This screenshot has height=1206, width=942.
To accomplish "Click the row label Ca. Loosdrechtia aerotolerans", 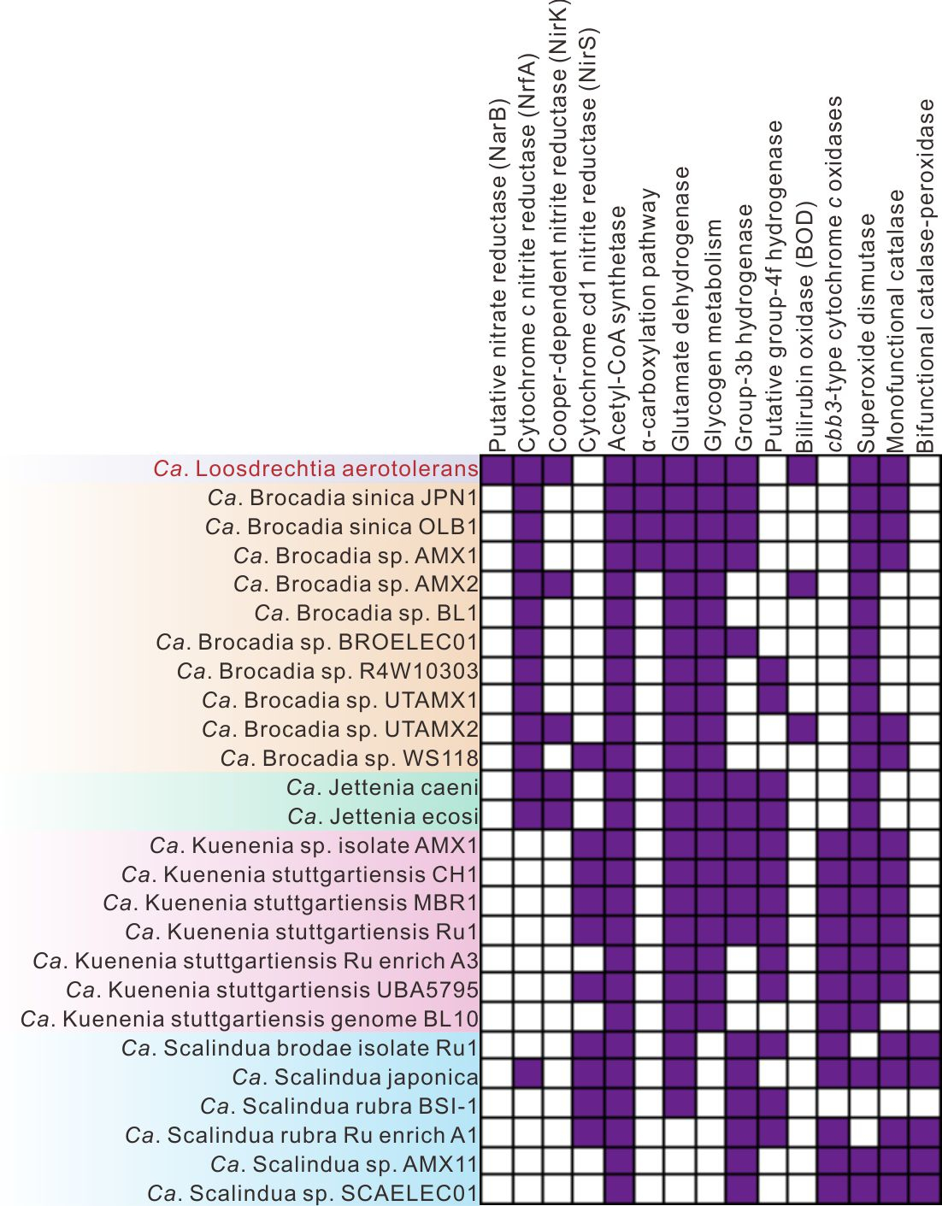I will tap(315, 469).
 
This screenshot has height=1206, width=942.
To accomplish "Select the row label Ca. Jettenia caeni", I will tap(382, 787).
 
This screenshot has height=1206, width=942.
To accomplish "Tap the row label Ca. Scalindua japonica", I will tap(355, 1077).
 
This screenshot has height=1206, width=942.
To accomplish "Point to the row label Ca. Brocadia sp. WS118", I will tap(349, 758).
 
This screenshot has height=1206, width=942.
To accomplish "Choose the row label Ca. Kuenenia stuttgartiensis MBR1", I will tap(291, 903).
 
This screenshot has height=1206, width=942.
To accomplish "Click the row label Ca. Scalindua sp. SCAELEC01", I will tap(313, 1192).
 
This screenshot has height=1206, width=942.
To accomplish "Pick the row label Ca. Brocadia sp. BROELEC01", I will tap(317, 642).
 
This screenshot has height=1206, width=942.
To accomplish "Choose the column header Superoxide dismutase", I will tap(865, 333).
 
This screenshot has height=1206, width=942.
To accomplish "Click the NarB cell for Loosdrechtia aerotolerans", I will tap(497, 469).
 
